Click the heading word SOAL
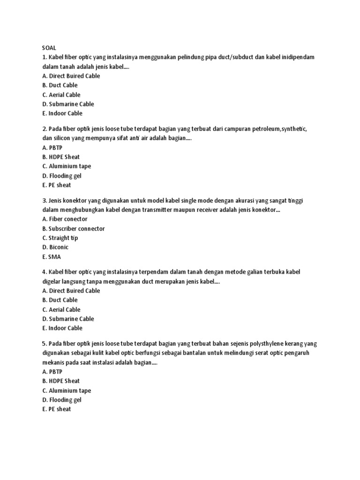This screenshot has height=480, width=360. [49, 47]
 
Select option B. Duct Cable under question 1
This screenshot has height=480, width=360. [60, 85]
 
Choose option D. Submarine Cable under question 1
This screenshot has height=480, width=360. [67, 104]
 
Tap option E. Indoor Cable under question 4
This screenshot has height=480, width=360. [62, 328]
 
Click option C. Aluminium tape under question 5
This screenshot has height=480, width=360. [66, 390]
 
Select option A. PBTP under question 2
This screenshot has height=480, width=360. [52, 148]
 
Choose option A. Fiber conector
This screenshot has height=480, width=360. [64, 219]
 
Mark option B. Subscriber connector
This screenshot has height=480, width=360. [73, 229]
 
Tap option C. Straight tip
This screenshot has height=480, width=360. [60, 238]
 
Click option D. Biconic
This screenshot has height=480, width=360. [55, 247]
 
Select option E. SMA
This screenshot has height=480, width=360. [51, 257]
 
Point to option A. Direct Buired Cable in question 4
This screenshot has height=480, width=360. [71, 291]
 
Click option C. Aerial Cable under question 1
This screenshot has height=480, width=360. [61, 95]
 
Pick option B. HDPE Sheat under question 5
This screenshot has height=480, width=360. [60, 381]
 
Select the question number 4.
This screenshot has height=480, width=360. [44, 272]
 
